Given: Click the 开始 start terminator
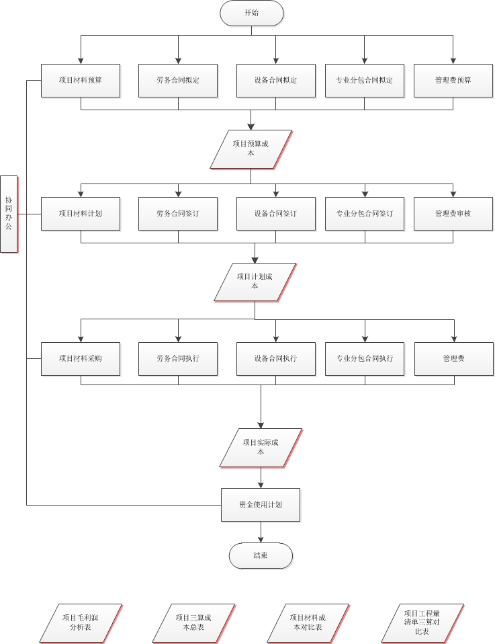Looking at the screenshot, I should pos(251,13).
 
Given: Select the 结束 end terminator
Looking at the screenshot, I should pos(261,556).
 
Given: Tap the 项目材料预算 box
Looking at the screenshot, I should pos(81,80).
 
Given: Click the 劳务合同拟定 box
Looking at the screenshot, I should pos(178,80).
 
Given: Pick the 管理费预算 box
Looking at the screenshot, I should pos(453,80).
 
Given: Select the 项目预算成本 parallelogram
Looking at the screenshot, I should pos(251,149).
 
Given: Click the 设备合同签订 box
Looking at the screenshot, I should pos(275,214).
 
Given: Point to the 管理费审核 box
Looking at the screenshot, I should pos(453,214).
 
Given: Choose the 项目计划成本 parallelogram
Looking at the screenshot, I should pos(255,282).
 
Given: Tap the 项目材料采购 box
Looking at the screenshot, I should pos(81,358).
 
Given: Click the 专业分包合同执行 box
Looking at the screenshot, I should pos(365,358).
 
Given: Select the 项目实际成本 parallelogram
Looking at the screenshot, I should pos(261,447).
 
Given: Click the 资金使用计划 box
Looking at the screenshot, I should pos(261,504).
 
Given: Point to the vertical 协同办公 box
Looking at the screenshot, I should pos(9,214).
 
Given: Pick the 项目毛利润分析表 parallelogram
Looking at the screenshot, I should pos(81,622).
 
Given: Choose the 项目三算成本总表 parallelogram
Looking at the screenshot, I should pos(193,622).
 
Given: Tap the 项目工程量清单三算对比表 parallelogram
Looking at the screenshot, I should pos(422,622).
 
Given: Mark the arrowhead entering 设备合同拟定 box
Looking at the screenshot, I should pos(275,60).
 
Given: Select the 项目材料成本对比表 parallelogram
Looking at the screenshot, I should pos(308,622).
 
